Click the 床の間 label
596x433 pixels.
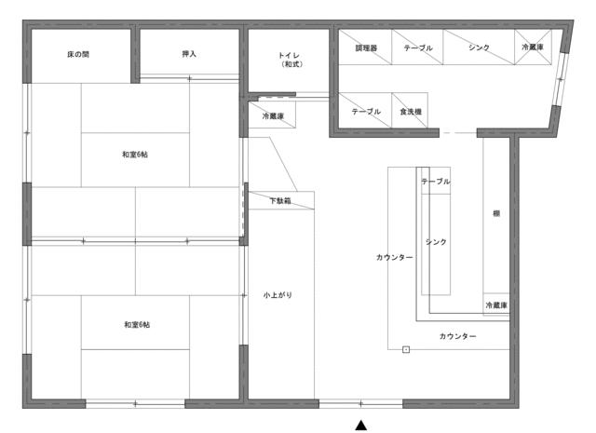[x=78, y=54]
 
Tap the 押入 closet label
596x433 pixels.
[x=189, y=54]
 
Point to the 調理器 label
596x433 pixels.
[x=366, y=48]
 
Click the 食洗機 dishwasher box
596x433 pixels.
[x=410, y=110]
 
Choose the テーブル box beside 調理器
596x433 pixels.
[x=417, y=47]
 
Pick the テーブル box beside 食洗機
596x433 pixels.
[x=365, y=110]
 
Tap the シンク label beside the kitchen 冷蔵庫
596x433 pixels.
[x=479, y=47]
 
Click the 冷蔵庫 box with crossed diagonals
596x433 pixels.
[x=533, y=47]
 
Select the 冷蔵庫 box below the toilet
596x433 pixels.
[x=272, y=115]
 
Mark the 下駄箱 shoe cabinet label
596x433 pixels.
[x=280, y=201]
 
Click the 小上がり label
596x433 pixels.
[x=278, y=295]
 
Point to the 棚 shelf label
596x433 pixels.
[x=496, y=213]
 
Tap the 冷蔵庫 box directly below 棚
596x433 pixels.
[x=496, y=304]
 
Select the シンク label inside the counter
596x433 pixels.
[x=436, y=242]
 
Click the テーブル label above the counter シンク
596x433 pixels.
[x=436, y=182]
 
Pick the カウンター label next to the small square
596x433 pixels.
[x=457, y=336]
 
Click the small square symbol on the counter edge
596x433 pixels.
[x=406, y=349]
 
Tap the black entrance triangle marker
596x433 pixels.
[x=361, y=425]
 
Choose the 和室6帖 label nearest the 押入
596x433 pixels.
[x=135, y=155]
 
